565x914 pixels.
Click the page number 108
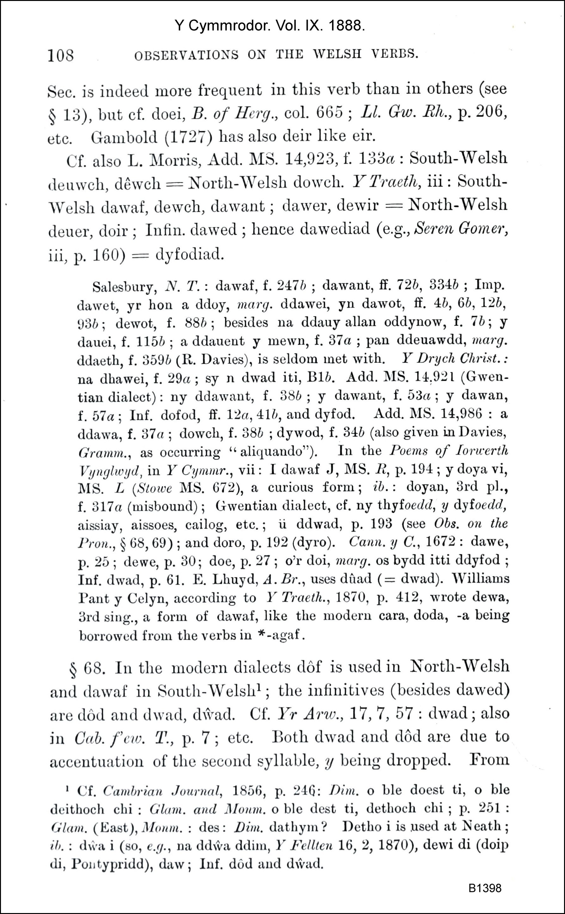(61, 56)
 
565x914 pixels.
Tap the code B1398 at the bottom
(485, 887)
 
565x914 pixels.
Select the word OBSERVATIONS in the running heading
(186, 55)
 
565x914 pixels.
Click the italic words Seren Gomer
(461, 228)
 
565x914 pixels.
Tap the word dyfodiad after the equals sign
(190, 254)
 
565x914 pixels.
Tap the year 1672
(440, 541)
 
